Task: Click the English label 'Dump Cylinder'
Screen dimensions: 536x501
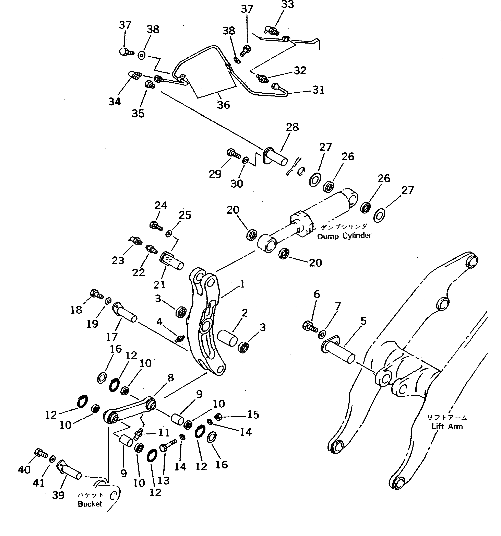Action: (x=344, y=236)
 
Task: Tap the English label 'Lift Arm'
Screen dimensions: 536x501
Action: (x=447, y=426)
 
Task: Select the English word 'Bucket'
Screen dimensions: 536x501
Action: (x=90, y=504)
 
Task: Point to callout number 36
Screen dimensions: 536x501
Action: (x=223, y=105)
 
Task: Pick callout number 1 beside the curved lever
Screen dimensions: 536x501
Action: (x=242, y=284)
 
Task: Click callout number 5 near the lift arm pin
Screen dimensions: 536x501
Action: (x=363, y=321)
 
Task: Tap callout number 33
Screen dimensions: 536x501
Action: (x=288, y=5)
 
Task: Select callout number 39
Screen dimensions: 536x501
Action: (x=58, y=495)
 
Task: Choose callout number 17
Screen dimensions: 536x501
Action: (x=112, y=337)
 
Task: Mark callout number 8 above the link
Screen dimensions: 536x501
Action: (x=171, y=378)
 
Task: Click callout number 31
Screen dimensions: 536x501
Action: (x=318, y=90)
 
